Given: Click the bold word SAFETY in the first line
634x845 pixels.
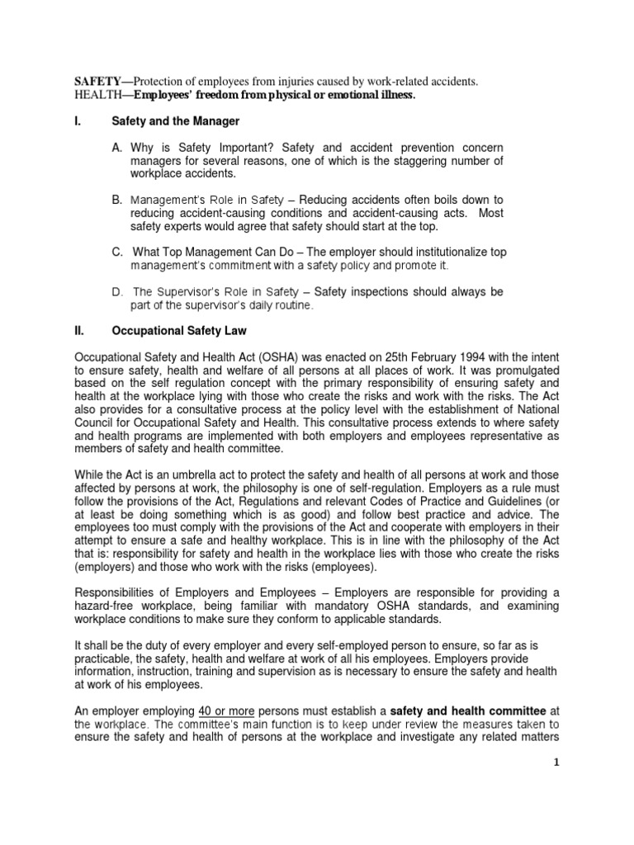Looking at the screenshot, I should [x=97, y=83].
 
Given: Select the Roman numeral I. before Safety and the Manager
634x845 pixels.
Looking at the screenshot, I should [x=79, y=121].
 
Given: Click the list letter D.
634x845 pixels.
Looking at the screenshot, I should [x=117, y=292].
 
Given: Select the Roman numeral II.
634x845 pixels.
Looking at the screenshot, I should [x=80, y=330].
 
